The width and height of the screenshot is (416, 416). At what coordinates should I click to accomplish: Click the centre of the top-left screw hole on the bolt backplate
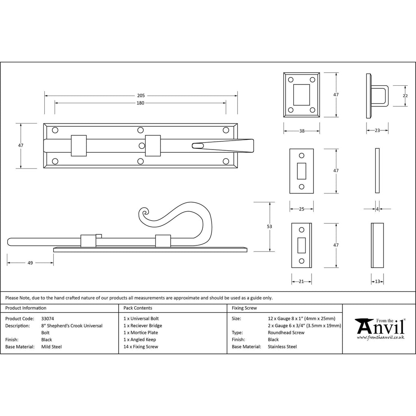coord(55,130)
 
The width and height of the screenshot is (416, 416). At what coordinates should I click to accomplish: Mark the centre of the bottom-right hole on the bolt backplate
coord(226,161)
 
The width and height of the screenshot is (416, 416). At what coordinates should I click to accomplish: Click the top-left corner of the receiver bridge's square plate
coord(284,72)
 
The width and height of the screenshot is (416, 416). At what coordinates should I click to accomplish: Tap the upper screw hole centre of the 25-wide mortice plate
coord(301,156)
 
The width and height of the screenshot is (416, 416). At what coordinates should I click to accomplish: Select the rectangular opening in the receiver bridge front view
coord(301,95)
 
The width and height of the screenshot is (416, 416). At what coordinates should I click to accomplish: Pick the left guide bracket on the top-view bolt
coord(79,145)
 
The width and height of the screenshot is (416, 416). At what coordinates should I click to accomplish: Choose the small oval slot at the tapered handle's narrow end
coord(198,145)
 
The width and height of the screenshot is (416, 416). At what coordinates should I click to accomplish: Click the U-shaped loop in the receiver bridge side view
coord(379,95)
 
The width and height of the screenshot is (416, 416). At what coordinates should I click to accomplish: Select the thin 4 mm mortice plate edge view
coord(377,171)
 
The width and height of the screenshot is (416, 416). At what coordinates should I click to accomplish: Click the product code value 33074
coord(48,318)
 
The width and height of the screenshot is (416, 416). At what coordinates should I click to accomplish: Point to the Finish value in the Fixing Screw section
coord(273,340)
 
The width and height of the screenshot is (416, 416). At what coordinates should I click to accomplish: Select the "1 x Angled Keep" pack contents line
coord(140,340)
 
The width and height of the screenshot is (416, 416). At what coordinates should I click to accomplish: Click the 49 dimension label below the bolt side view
coord(30,263)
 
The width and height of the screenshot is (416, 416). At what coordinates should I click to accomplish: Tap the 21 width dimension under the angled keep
coord(301,282)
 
